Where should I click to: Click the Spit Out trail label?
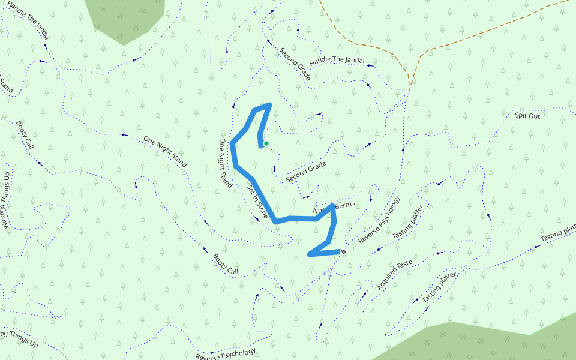point(527,116)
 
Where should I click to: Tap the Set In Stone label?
point(257,200)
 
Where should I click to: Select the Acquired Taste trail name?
point(395,275)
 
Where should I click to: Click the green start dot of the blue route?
point(266,143)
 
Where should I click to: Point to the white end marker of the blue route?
point(343,251)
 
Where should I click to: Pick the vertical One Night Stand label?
point(225,163)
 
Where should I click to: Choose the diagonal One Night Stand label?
point(165,151)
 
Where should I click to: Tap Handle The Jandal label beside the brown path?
point(337,61)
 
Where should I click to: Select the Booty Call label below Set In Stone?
point(226,264)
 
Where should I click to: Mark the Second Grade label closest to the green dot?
point(306,172)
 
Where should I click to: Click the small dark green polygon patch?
point(125,18)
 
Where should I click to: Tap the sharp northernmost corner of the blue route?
point(270,105)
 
